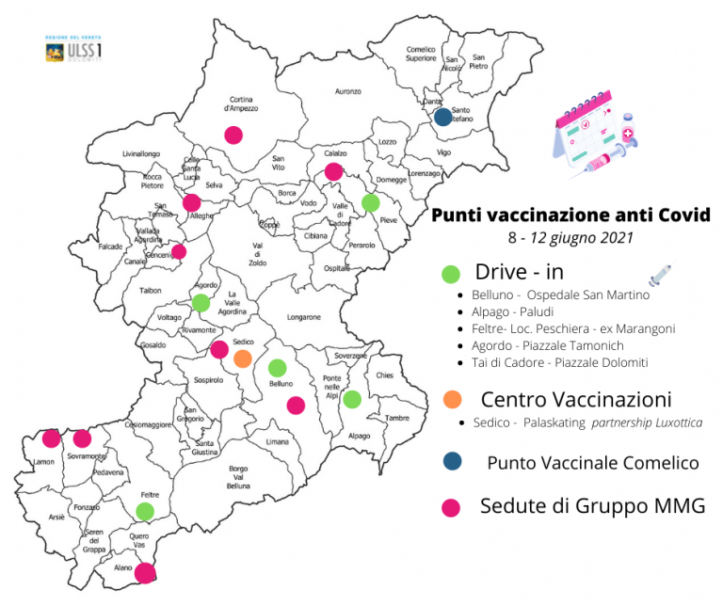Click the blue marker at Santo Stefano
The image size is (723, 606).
point(442,118)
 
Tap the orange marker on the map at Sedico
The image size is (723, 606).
point(242,359)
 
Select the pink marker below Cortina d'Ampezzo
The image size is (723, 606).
point(233,135)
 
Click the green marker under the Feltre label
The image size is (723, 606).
point(144,511)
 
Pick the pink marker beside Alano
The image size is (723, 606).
point(145,572)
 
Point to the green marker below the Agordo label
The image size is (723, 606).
point(200,303)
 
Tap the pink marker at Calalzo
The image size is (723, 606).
point(333,171)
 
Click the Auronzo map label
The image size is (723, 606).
point(348,91)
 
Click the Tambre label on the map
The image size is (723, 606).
point(398,419)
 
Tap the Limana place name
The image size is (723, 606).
point(277,441)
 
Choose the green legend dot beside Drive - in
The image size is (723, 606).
point(451,274)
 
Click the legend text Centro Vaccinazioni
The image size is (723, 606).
point(575,399)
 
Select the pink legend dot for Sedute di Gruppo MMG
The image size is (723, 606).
point(452,507)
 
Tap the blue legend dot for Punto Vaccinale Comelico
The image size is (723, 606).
point(452,461)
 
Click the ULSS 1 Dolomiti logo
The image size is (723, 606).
point(73,51)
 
